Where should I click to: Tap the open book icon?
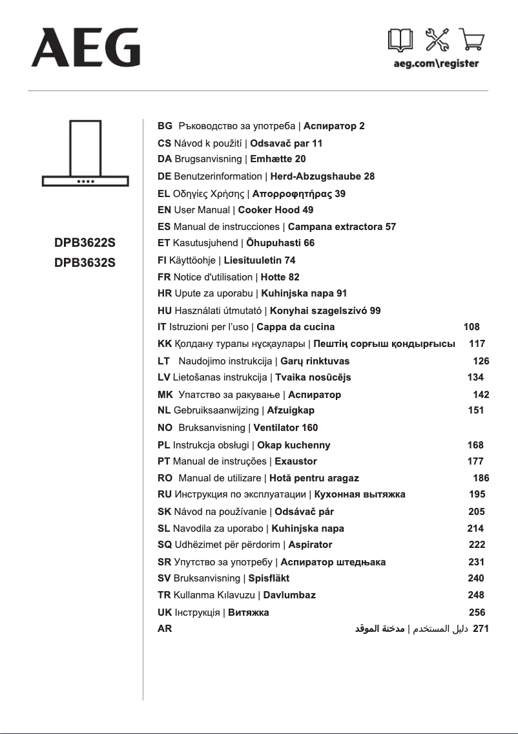(x=400, y=41)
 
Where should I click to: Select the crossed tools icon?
(x=437, y=41)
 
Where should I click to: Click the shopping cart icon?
(x=472, y=41)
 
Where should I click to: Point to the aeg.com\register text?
(x=436, y=63)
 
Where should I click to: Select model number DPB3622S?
(x=85, y=244)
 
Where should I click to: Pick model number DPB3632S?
(x=85, y=263)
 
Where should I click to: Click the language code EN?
(x=164, y=210)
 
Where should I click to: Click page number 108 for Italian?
(x=471, y=327)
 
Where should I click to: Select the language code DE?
(x=164, y=176)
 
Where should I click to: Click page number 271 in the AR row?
(x=481, y=628)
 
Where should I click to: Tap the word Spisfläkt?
(x=269, y=578)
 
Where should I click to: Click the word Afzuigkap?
(x=291, y=410)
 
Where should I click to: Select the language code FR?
(x=164, y=277)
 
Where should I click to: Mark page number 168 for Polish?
(x=475, y=445)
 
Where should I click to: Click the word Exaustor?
(x=296, y=461)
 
